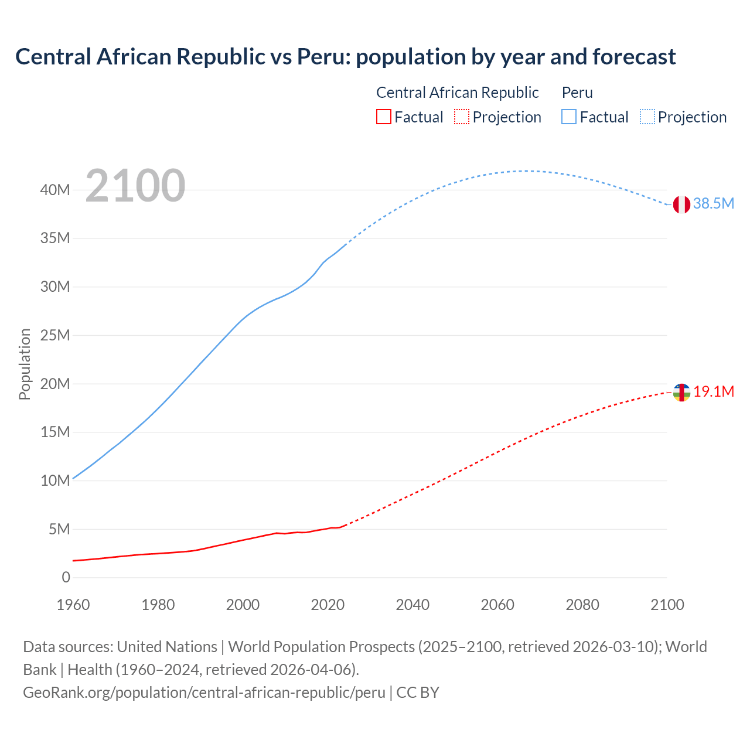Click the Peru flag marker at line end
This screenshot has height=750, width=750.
click(681, 204)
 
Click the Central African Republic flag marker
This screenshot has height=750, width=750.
click(681, 393)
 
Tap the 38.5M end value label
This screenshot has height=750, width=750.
click(713, 204)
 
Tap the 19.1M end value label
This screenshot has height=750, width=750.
click(714, 392)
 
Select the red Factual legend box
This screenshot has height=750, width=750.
click(383, 117)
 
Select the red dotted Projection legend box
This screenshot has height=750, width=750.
click(462, 117)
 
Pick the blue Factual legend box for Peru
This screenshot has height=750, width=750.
click(569, 117)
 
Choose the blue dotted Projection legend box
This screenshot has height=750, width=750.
click(647, 117)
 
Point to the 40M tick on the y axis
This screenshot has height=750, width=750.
click(55, 190)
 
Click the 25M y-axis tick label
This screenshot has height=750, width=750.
click(55, 335)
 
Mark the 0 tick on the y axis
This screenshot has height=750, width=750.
click(66, 578)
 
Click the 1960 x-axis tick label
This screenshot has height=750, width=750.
click(73, 605)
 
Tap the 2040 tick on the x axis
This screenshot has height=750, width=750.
click(412, 605)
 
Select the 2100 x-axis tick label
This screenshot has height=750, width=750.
click(667, 605)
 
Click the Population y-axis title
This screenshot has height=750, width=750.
click(25, 364)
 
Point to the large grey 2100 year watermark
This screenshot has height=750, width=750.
click(135, 186)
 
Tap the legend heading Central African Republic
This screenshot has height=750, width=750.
click(457, 93)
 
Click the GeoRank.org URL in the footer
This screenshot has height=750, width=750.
click(204, 693)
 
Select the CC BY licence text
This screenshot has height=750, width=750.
click(418, 693)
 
